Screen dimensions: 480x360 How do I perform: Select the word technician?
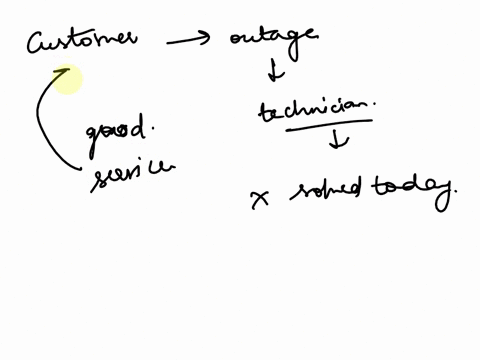[310, 109]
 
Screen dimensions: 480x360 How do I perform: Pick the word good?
[115, 131]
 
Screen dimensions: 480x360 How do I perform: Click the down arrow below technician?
[339, 141]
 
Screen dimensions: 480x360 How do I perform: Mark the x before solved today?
[261, 198]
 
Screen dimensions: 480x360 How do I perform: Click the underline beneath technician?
[312, 125]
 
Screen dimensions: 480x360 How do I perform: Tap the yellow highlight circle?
[67, 80]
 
